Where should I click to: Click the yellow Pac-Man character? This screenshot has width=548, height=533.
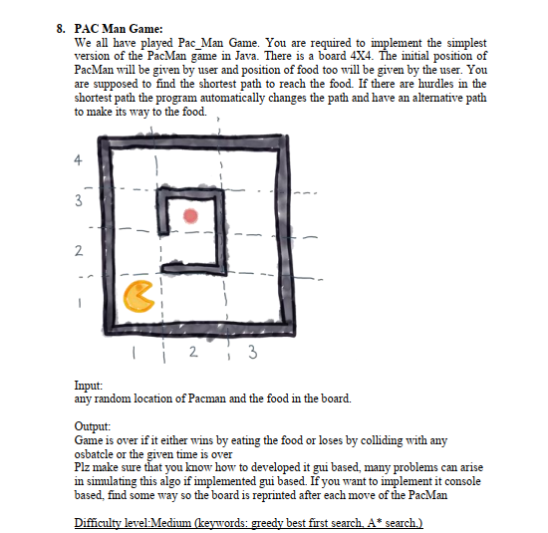pos(141,297)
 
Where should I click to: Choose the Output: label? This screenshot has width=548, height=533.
pos(95,425)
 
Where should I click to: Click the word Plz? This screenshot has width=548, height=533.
pos(84,465)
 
